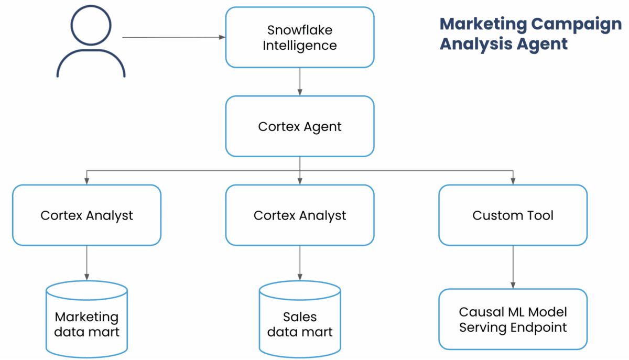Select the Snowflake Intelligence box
point(300,38)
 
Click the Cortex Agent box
point(300,126)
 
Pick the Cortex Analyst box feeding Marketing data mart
point(86,215)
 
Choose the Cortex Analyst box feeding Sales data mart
point(300,215)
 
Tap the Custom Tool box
point(513,215)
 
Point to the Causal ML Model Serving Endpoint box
point(513,319)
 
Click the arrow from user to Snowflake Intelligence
point(173,37)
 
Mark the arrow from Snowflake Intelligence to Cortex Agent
point(300,81)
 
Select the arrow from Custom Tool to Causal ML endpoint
point(513,267)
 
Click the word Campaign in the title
point(576,25)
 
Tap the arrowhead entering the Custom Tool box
point(513,181)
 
